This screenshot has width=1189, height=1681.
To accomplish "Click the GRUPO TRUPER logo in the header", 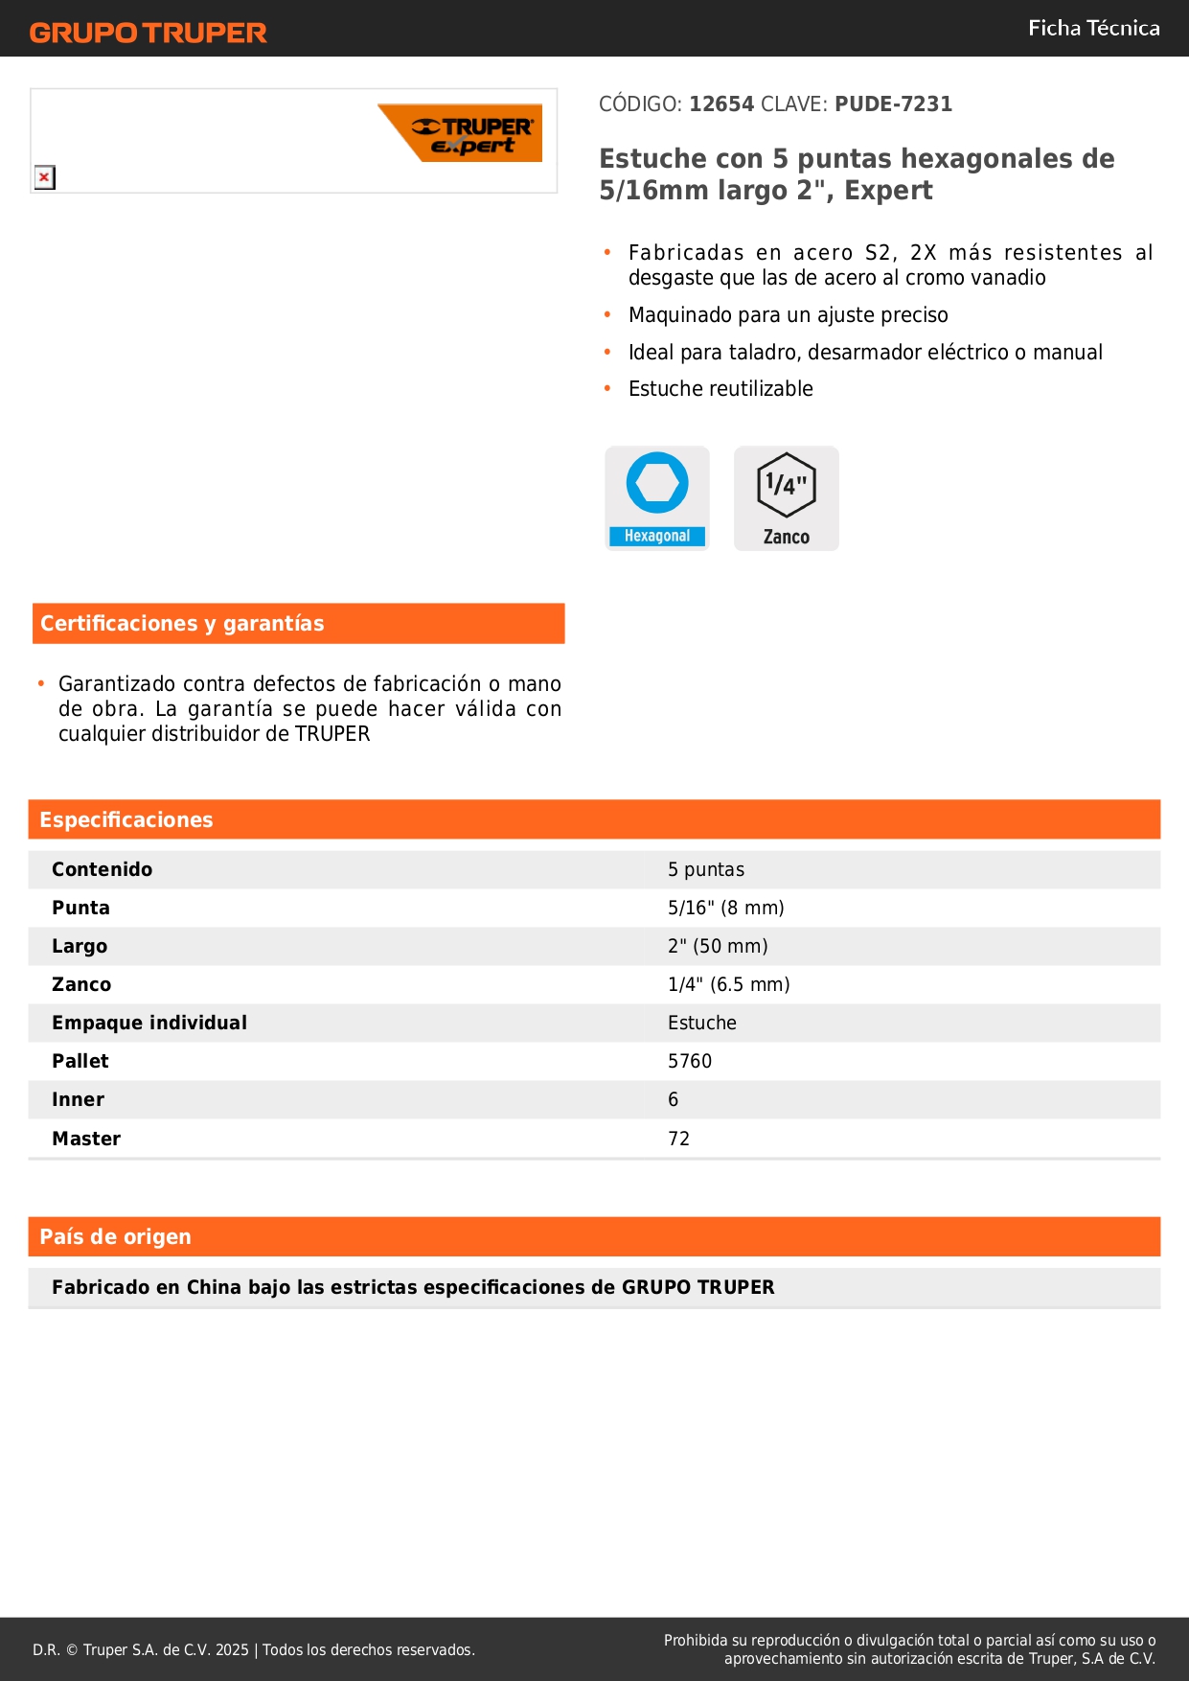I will [148, 33].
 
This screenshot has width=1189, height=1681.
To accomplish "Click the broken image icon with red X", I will [44, 177].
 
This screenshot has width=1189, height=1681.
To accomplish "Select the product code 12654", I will [721, 104].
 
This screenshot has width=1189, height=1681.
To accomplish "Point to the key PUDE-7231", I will [893, 104].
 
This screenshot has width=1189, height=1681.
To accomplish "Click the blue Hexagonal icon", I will [657, 497].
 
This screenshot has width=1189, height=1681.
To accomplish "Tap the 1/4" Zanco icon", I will [787, 497].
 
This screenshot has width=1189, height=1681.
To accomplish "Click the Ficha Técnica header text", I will [1093, 29].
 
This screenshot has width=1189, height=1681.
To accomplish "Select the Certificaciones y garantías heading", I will [182, 624].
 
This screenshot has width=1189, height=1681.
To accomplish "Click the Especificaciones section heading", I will [126, 820].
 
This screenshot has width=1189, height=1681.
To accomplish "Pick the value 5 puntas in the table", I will [706, 869].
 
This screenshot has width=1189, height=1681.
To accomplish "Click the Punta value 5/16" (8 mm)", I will [725, 908].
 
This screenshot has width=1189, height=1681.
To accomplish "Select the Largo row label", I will [80, 946].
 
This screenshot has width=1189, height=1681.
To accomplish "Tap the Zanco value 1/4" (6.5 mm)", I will [728, 984].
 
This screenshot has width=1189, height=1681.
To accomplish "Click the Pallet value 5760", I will [690, 1061].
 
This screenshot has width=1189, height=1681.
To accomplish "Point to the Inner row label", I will [78, 1099].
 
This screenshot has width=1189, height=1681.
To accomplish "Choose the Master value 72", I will [678, 1139].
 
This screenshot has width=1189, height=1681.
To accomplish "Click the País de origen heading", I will [115, 1237].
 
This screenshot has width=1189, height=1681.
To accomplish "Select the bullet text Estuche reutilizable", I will [720, 389].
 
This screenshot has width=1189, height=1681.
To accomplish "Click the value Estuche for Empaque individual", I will [702, 1023].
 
